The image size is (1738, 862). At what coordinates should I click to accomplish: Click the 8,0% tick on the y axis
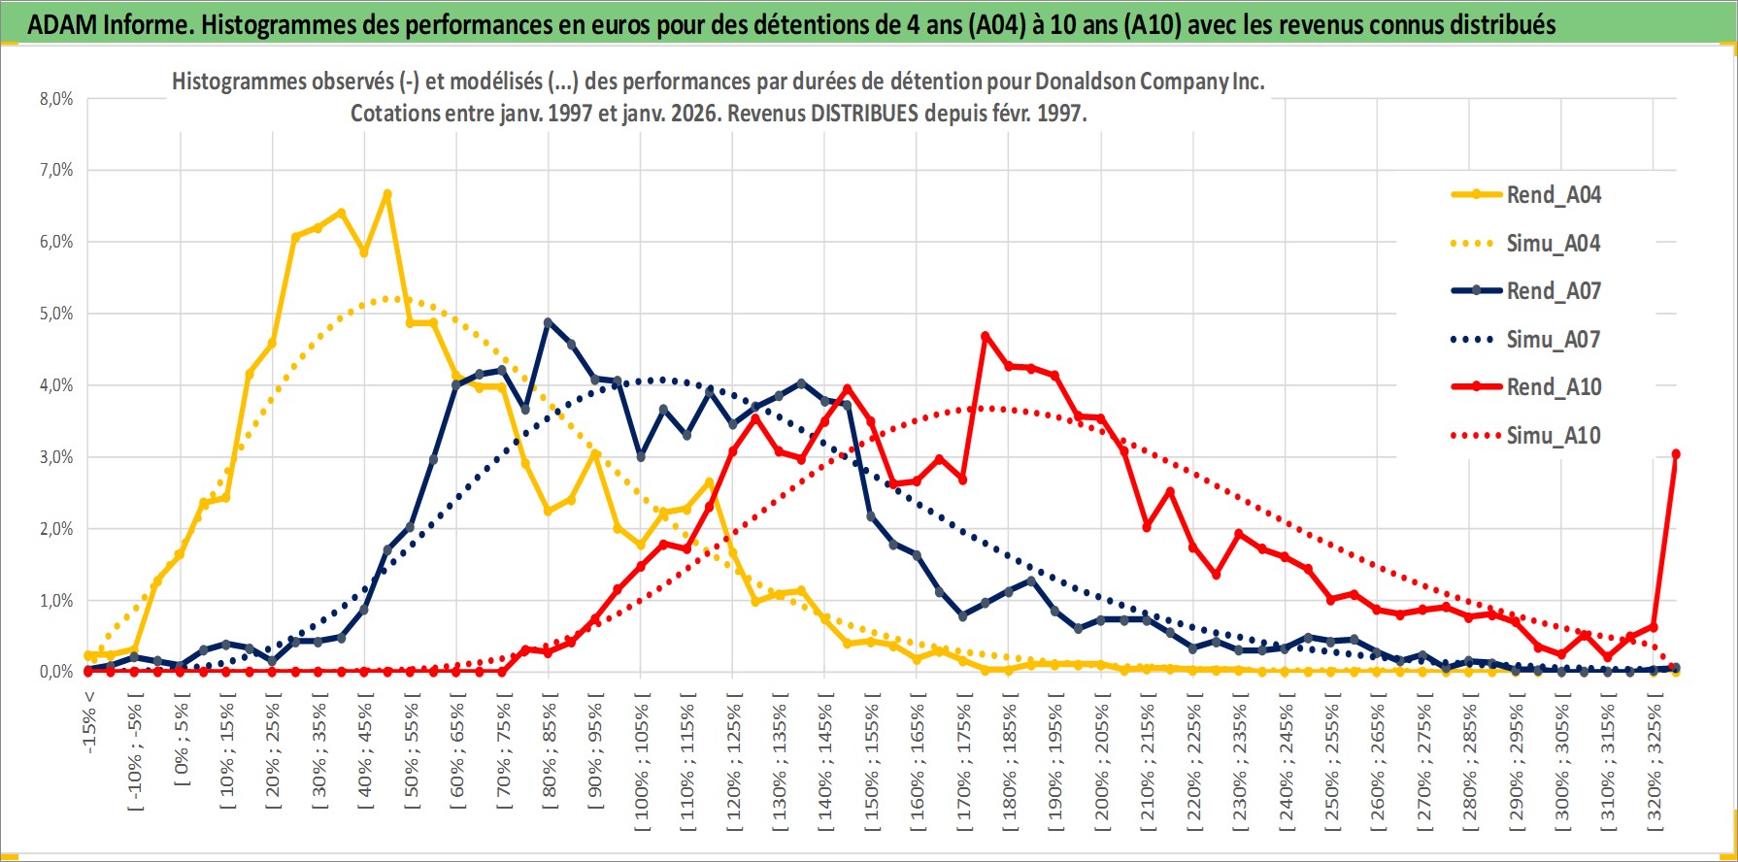[x=55, y=99]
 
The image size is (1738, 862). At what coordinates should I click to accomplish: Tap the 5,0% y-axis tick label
[x=55, y=314]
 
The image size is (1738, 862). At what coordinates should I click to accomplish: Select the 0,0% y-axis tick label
[x=55, y=672]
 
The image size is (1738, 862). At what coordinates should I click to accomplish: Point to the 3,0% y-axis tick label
[x=55, y=457]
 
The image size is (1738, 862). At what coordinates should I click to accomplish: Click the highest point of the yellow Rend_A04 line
[x=386, y=194]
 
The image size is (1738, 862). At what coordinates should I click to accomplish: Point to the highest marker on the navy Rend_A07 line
[x=549, y=322]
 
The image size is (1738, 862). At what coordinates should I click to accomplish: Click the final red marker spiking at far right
[x=1676, y=454]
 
